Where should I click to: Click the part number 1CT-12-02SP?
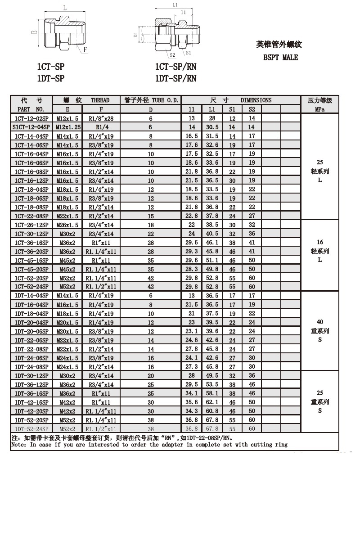pos(31,118)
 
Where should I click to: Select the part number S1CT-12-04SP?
pos(31,127)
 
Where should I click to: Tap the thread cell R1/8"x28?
pos(101,118)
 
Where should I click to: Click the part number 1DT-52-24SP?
pos(31,428)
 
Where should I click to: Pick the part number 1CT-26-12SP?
pos(31,225)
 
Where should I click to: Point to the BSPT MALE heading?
pos(280,58)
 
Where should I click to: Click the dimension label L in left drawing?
pos(65,8)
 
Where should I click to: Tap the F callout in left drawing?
pos(85,49)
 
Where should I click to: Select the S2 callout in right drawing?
pos(172,55)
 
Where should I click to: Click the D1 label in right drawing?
pos(136,35)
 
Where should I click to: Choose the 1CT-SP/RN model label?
pos(175,67)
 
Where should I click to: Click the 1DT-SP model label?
pos(50,78)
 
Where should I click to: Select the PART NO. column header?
pos(31,109)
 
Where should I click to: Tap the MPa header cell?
pos(320,109)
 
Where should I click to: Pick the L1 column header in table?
pos(212,109)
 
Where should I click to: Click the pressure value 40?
pos(320,322)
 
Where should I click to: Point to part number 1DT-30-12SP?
pos(31,375)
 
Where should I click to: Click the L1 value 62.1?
pos(212,402)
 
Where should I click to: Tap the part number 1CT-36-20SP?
pos(31,251)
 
